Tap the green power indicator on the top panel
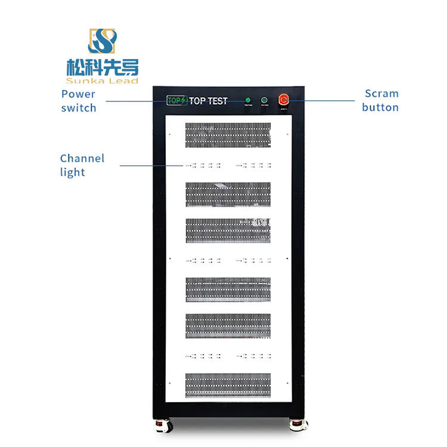248,100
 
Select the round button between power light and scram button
264,100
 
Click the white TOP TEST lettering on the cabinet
208,101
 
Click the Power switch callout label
78,101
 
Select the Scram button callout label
381,100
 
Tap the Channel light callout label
82,165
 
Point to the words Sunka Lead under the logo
103,80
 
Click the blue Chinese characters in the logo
103,67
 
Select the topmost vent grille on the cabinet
228,135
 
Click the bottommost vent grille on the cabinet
228,385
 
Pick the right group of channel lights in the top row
253,165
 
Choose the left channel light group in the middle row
203,260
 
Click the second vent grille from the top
228,195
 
